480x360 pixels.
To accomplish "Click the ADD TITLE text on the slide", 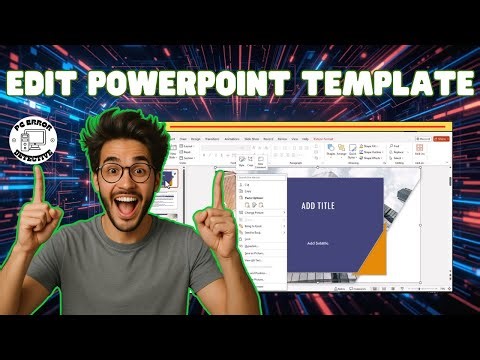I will (x=319, y=206).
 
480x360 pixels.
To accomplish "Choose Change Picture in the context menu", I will (x=253, y=213).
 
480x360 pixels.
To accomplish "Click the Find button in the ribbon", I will (x=396, y=146).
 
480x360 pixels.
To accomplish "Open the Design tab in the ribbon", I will (x=196, y=138).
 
